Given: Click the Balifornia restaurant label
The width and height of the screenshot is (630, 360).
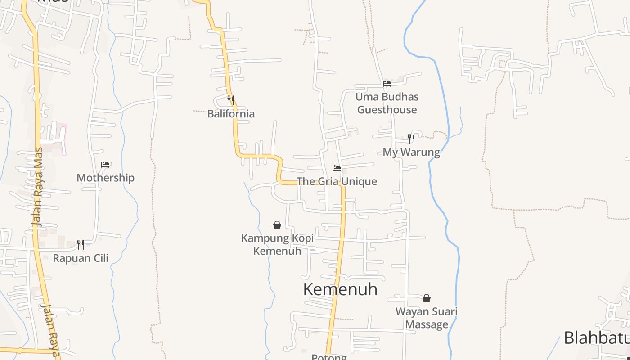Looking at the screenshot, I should (x=231, y=114).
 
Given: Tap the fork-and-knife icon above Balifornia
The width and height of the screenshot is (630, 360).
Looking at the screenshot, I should (x=230, y=100).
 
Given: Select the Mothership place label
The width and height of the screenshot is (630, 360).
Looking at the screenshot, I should (x=105, y=178).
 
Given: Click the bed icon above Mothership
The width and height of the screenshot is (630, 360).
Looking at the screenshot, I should (x=105, y=165).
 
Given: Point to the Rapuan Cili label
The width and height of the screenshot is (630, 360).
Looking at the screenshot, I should (x=81, y=258).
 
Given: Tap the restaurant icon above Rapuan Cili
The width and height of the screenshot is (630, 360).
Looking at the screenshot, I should (x=80, y=244).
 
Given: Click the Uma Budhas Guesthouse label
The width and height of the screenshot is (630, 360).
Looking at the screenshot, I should (x=387, y=103).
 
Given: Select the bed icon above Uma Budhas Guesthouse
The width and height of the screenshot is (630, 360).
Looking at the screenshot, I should (x=387, y=84).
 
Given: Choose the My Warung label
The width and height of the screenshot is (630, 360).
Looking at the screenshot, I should (x=411, y=152).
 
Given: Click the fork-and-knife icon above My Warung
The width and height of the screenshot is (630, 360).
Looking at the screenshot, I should (x=411, y=139).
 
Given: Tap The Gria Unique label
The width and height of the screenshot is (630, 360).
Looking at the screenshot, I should (x=337, y=181).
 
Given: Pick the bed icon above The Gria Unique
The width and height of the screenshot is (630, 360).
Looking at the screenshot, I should (x=336, y=168).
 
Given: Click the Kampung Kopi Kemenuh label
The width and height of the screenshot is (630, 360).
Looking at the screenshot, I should (x=277, y=244).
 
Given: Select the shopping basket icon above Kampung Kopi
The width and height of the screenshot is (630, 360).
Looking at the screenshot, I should (x=277, y=225).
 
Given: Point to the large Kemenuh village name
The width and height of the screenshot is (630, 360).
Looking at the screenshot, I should (x=340, y=289).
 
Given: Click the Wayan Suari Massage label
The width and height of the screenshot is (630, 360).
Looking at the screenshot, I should (x=426, y=318).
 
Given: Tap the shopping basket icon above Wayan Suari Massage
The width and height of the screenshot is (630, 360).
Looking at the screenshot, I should (x=426, y=298).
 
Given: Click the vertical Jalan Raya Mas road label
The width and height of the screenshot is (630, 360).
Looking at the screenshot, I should (x=38, y=187).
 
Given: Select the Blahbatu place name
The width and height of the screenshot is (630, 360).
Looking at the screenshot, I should (x=596, y=337).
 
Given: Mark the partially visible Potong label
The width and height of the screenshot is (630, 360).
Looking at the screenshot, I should (x=329, y=357).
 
